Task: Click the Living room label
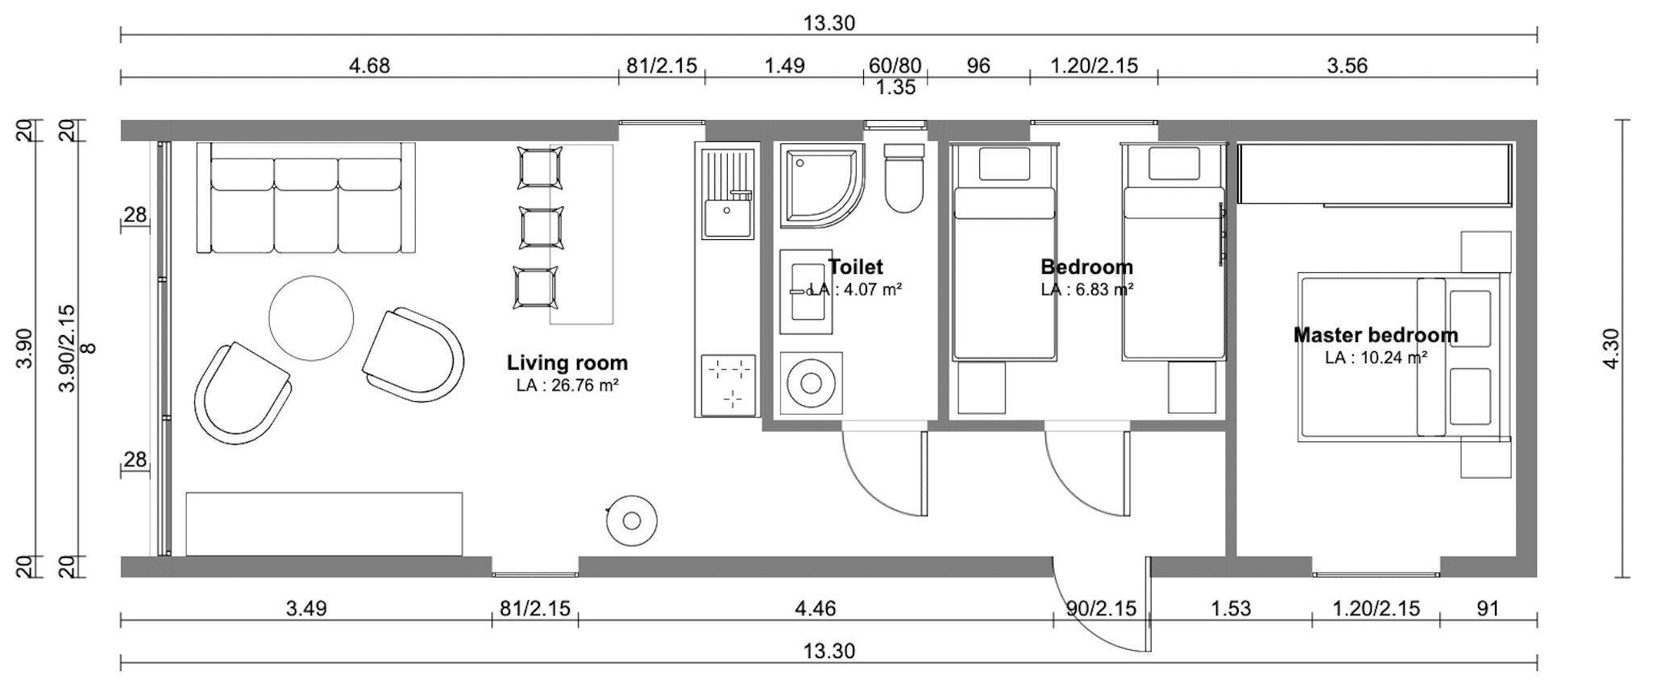tap(567, 363)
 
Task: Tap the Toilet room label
tap(856, 267)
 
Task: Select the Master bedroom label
tap(1376, 335)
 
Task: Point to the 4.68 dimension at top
tap(369, 65)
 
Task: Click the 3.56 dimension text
tap(1348, 65)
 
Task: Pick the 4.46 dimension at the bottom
tap(815, 608)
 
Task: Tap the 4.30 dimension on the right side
tap(1612, 350)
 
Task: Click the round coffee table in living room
tap(311, 318)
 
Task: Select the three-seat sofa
tap(306, 198)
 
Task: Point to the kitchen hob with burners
tap(729, 385)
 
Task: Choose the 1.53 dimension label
tap(1231, 608)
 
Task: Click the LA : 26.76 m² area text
tap(567, 386)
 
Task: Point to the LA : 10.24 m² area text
tap(1377, 358)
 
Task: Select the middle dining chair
tap(542, 228)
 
